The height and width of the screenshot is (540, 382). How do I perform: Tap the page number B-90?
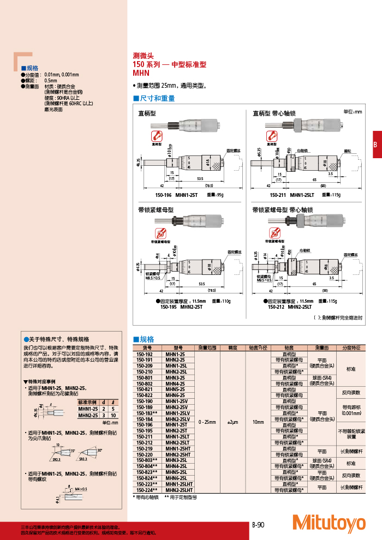(258, 525)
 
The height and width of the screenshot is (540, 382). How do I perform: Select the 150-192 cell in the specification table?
(144, 354)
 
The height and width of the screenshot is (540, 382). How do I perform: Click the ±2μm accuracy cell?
(233, 422)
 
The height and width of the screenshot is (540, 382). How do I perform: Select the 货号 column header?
(147, 347)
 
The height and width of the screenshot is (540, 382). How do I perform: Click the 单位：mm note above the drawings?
(352, 112)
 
